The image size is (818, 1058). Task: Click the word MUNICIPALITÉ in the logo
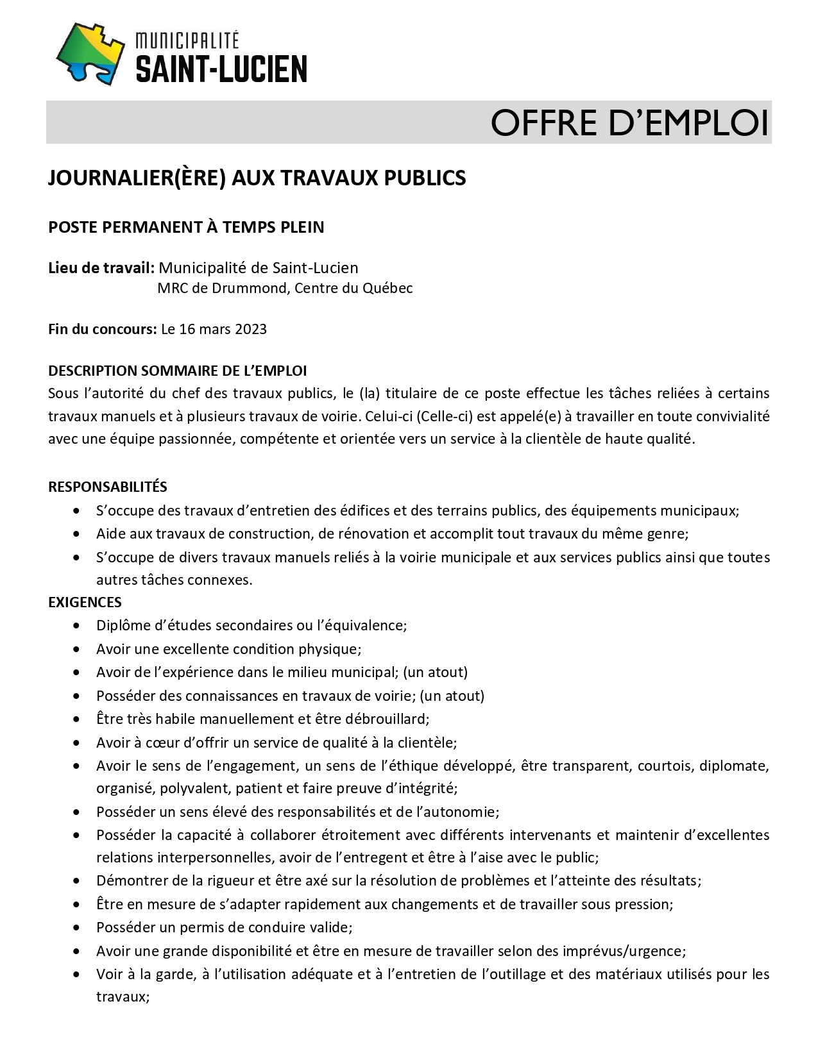click(x=187, y=41)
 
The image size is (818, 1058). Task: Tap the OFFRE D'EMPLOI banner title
click(x=629, y=122)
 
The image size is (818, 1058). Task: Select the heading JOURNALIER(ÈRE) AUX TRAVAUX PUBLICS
click(x=257, y=178)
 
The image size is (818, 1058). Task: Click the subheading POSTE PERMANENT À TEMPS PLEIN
click(x=186, y=227)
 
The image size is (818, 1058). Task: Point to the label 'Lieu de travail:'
click(x=101, y=267)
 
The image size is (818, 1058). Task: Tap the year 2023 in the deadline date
click(x=251, y=329)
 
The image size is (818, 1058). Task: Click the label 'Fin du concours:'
click(x=102, y=329)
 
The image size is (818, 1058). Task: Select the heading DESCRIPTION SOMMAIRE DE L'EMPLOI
click(x=177, y=371)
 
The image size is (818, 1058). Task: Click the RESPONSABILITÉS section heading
click(x=107, y=487)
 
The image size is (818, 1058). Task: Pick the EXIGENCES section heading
click(x=85, y=602)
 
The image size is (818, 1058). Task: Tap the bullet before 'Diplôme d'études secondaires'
click(x=78, y=625)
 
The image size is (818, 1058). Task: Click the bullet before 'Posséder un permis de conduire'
click(x=78, y=928)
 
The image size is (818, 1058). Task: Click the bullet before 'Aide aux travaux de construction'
click(x=78, y=534)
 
